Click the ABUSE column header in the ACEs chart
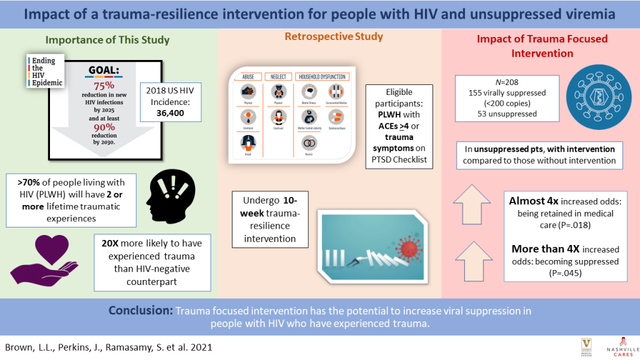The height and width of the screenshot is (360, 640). tap(246, 77)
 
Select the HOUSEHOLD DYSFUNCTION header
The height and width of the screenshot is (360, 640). tap(322, 77)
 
